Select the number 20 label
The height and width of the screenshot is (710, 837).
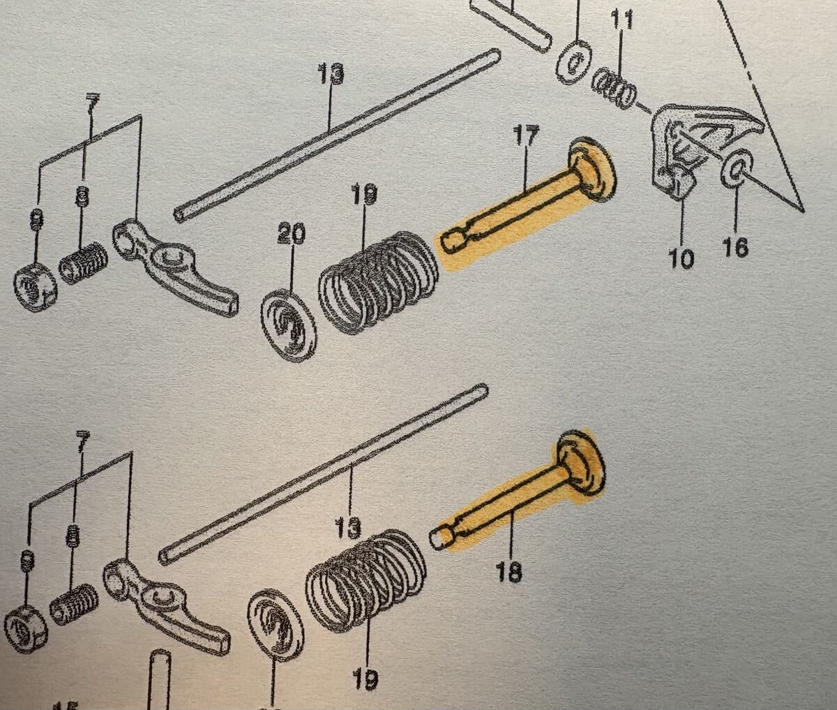point(292,235)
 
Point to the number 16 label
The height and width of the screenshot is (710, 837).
point(735,246)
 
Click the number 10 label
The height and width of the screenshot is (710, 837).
point(681,258)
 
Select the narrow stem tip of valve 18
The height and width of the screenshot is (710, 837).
point(439,537)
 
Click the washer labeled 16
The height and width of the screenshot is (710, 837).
point(736,171)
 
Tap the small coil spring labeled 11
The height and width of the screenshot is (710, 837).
point(614,88)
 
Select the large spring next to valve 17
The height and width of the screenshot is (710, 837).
point(377,279)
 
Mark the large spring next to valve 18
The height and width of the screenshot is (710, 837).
point(366,575)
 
